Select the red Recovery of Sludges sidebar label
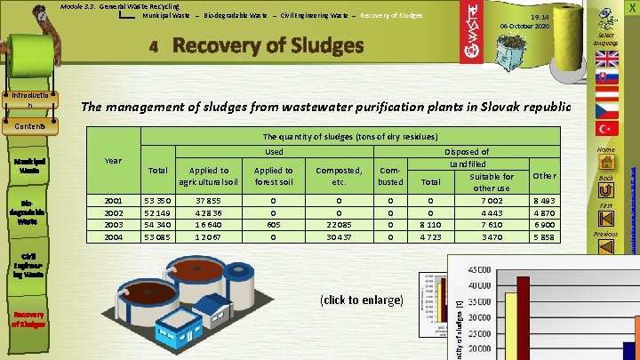(x=29, y=317)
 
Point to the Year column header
(x=113, y=161)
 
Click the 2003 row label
(x=113, y=226)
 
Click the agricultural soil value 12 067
(x=209, y=238)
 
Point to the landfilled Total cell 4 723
(x=430, y=238)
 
